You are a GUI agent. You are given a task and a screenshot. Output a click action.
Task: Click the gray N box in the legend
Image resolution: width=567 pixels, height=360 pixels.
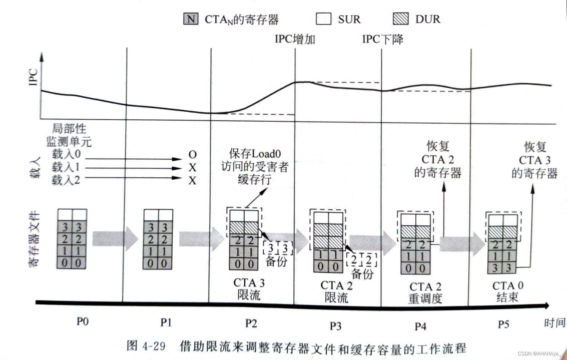coord(191,19)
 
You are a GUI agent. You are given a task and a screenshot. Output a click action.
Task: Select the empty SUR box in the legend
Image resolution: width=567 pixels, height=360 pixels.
coord(323,19)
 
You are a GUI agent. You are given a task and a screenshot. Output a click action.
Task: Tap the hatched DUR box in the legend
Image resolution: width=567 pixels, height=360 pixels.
coord(400,19)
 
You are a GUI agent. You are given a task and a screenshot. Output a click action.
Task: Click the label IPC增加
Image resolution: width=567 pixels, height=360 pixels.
coord(295,39)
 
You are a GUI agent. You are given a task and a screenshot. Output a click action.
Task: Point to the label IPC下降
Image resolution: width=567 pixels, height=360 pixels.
coord(383,39)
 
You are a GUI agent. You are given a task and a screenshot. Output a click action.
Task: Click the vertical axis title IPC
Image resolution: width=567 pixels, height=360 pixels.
coord(34,77)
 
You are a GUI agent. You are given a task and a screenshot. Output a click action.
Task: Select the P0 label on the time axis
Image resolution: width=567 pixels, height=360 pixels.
coord(82,321)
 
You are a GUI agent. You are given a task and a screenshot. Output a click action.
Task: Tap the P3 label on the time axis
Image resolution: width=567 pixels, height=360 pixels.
coord(335,326)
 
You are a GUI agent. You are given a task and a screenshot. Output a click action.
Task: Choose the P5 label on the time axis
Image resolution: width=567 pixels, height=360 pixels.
coord(503,324)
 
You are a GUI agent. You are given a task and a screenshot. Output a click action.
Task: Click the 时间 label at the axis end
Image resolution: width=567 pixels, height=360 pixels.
coord(554,323)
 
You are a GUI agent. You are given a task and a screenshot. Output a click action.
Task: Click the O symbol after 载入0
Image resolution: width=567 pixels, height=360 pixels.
coord(192,155)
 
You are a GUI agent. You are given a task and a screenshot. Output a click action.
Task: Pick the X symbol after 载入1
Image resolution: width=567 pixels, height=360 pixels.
coord(192,168)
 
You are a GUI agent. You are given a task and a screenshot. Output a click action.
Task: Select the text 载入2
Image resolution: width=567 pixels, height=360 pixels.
coord(66,180)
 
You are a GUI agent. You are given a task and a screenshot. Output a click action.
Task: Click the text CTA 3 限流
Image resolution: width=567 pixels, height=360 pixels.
coord(249,289)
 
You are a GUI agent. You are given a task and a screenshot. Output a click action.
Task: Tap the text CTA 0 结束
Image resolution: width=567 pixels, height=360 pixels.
coord(508,291)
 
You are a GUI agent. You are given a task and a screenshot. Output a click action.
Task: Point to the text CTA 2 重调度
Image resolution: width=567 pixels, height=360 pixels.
coord(425,292)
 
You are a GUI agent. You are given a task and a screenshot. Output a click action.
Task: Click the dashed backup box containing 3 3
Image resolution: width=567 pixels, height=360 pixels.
coord(278,249)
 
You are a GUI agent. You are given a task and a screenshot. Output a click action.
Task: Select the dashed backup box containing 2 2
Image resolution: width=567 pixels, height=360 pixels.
coord(361,260)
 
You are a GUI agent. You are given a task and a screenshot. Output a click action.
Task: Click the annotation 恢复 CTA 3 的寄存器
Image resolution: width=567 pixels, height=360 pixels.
coord(535,160)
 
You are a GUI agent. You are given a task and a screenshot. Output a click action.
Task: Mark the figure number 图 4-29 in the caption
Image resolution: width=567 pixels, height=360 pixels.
coord(146,346)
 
